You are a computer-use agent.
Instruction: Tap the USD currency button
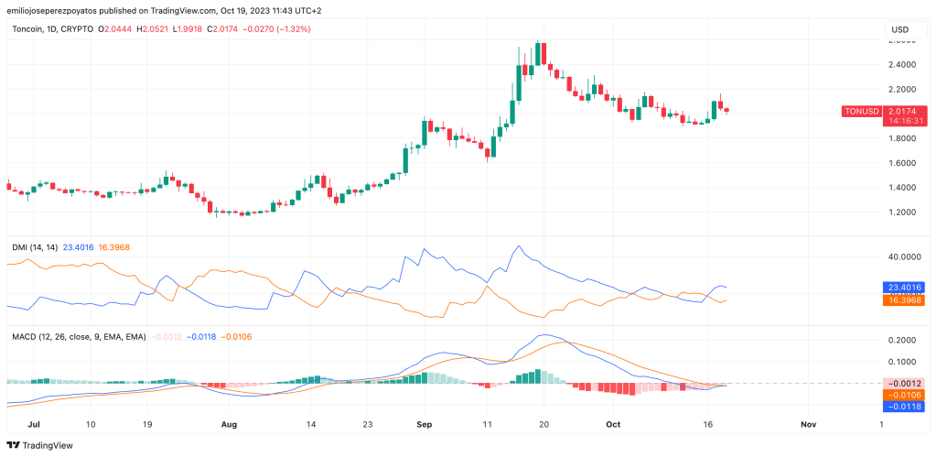point(901,31)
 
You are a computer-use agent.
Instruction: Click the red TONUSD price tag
point(861,111)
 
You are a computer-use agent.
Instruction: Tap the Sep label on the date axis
point(423,425)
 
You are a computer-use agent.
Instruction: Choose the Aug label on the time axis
point(229,425)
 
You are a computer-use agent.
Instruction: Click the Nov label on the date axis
point(808,425)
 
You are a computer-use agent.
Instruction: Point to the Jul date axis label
point(35,425)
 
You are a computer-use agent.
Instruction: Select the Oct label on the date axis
point(613,425)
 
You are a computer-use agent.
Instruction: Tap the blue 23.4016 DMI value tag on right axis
point(902,287)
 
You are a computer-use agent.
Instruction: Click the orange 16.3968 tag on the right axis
point(902,300)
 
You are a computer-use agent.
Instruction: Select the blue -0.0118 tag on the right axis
point(902,407)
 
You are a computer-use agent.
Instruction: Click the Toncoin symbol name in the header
point(31,29)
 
